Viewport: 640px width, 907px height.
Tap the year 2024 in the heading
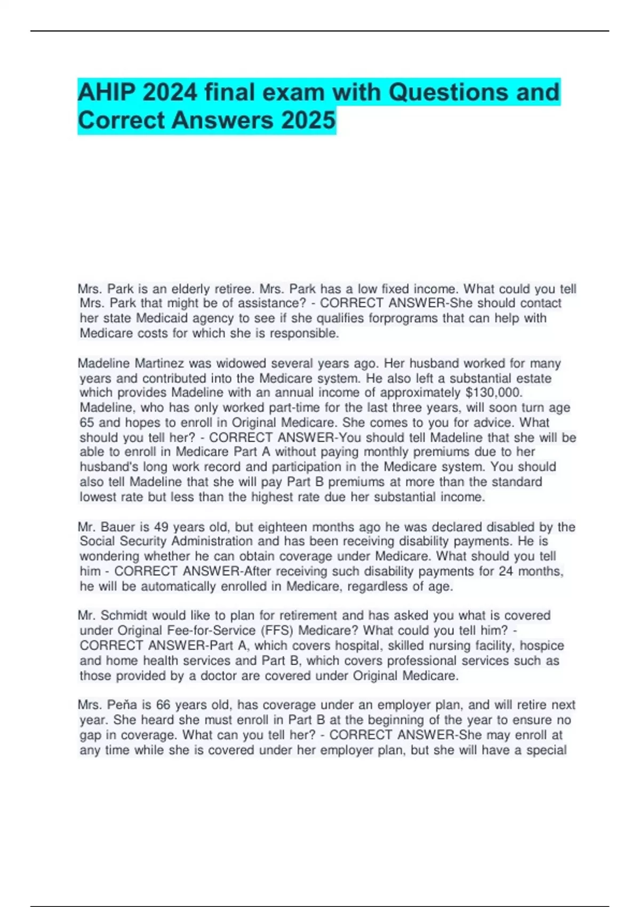coord(170,93)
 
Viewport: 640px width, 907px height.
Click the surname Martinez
coord(159,363)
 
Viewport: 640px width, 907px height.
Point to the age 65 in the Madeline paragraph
coord(87,423)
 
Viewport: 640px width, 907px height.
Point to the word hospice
coord(542,646)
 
